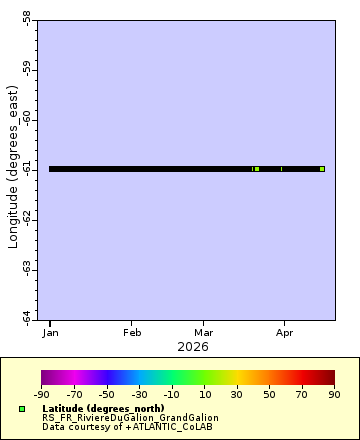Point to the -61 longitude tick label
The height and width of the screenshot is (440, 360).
(25, 169)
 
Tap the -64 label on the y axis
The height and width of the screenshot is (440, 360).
(25, 317)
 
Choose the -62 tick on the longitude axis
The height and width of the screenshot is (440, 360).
(25, 218)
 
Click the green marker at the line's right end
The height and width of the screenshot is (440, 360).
(322, 169)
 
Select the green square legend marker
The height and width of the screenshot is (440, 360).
(22, 409)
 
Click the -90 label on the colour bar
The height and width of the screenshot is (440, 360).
(42, 395)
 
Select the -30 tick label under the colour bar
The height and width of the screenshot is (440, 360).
(139, 395)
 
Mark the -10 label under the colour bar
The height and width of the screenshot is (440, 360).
(172, 395)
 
